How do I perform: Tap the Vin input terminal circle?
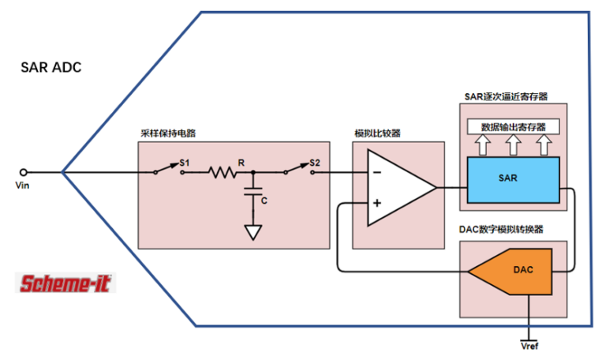click(23, 171)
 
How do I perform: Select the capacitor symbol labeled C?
click(253, 193)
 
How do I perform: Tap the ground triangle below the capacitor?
click(253, 232)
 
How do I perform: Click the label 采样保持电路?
click(168, 134)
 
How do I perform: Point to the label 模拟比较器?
click(381, 134)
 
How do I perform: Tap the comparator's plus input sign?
click(376, 203)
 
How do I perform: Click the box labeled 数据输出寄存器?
click(513, 126)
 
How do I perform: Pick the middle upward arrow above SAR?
click(513, 144)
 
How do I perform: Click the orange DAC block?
click(517, 271)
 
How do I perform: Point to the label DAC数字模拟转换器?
click(502, 229)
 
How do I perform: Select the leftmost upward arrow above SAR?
click(481, 144)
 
